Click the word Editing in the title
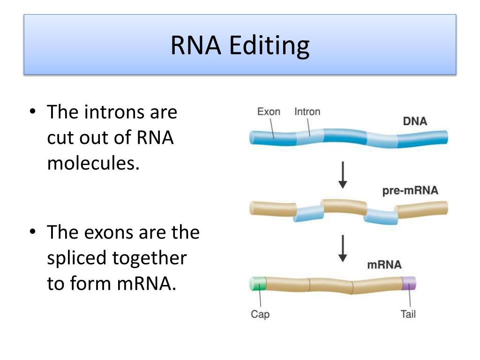(270, 46)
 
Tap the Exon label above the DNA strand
(269, 112)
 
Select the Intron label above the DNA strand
(307, 112)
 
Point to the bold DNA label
(415, 121)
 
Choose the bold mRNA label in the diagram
(384, 265)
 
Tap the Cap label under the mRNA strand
(260, 314)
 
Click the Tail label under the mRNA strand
(408, 314)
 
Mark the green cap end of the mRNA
(257, 285)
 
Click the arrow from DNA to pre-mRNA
(343, 175)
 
